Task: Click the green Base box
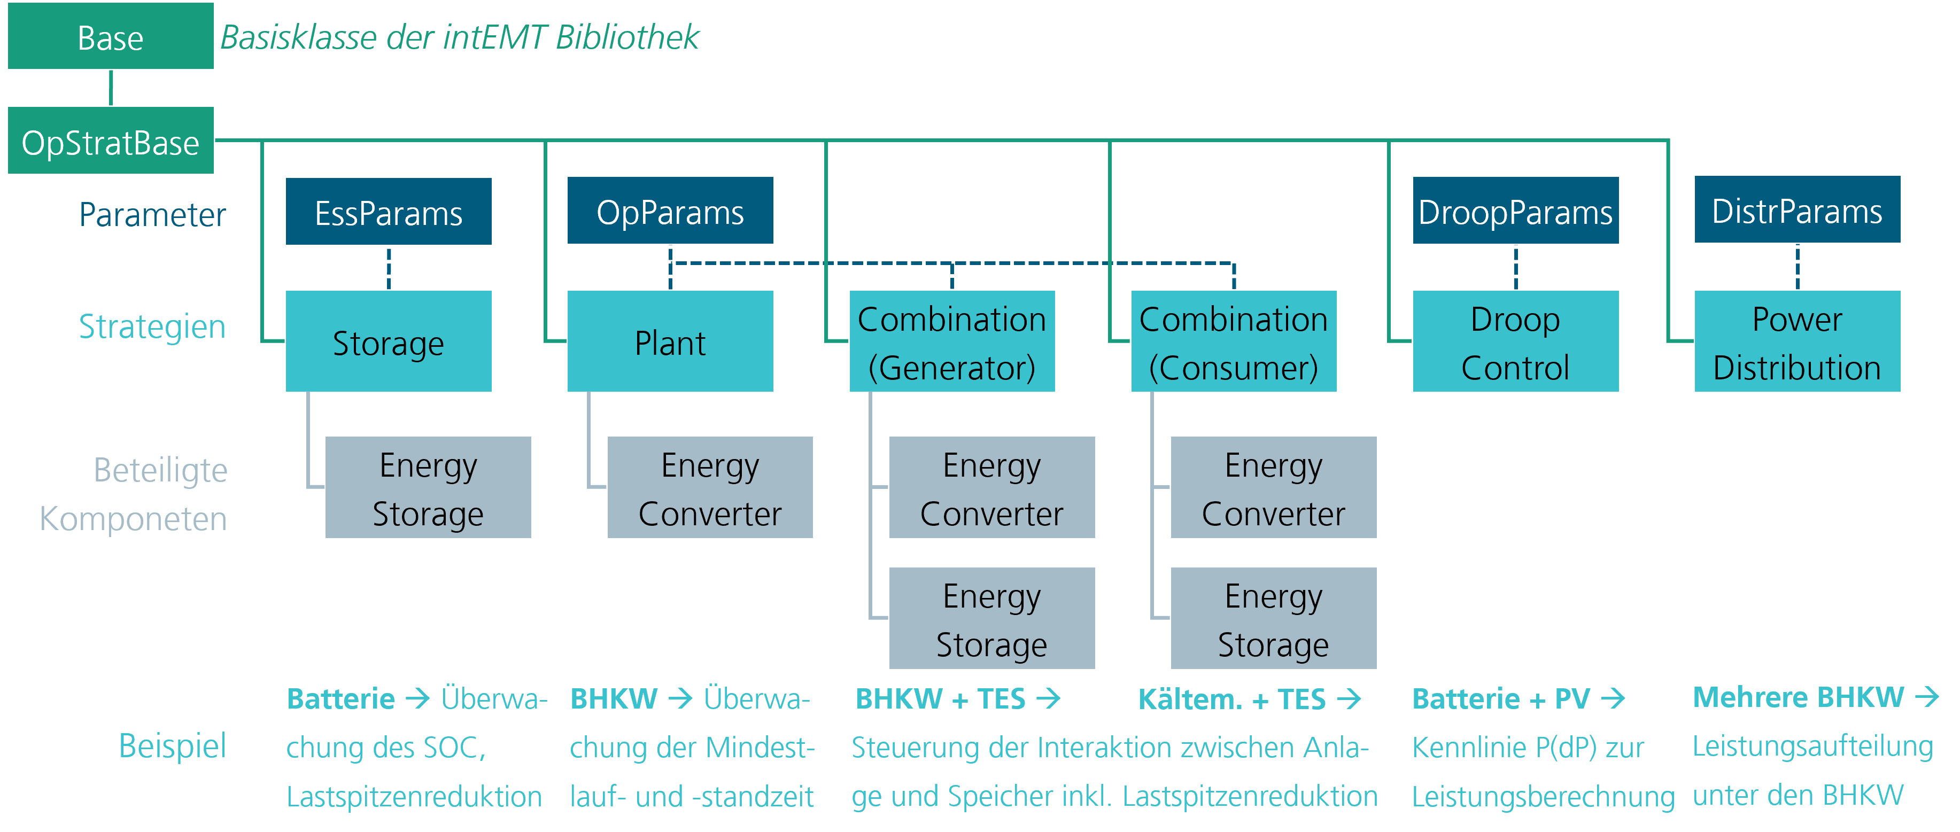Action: click(110, 36)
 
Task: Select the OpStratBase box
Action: click(110, 142)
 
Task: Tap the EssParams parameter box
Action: click(388, 212)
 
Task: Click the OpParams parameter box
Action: click(670, 212)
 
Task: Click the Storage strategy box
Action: click(388, 341)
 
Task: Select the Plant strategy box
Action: click(670, 341)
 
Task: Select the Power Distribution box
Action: click(1796, 341)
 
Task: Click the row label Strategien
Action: click(152, 326)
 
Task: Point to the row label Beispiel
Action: click(172, 745)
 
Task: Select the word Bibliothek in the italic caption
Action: click(627, 36)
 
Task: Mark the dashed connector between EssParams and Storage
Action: click(389, 268)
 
